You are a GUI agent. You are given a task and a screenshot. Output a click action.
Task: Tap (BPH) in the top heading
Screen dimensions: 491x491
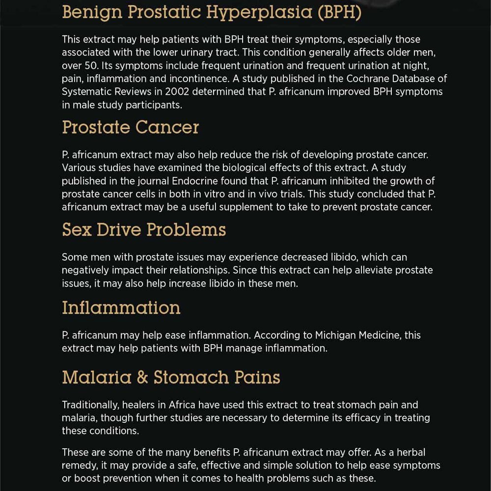point(339,13)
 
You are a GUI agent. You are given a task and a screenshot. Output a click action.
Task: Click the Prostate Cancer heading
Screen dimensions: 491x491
point(131,128)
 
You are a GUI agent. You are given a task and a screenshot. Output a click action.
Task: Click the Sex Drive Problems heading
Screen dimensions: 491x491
point(144,230)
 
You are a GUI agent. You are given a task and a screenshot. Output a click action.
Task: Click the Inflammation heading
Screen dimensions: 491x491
point(121,308)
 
